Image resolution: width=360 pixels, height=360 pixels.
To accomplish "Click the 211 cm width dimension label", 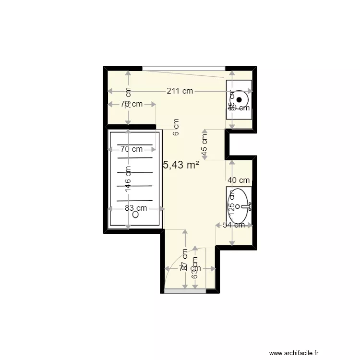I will point(180,91).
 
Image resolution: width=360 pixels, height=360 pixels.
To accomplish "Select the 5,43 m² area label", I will point(181,165).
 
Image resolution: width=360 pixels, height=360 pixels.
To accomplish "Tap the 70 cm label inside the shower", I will point(131,149).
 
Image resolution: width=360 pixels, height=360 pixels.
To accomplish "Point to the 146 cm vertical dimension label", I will point(128,179).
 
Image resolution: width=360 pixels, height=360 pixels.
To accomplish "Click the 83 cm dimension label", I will point(136,208).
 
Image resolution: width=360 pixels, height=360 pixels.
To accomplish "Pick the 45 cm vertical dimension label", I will point(205,144).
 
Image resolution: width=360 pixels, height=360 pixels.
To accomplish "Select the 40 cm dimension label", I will point(239,180).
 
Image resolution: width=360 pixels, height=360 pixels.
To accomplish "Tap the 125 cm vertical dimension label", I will point(231,208).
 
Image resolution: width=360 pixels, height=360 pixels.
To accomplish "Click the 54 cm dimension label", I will point(234,225).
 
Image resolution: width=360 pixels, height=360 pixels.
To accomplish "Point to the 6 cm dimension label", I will point(176,127).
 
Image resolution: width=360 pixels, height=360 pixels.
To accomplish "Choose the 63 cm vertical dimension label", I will point(195,268).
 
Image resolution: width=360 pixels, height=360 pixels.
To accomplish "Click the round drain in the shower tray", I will point(135,216).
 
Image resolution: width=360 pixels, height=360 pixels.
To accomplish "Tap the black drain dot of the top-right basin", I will point(239,99).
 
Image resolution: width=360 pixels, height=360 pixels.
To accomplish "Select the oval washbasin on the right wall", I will point(239,200).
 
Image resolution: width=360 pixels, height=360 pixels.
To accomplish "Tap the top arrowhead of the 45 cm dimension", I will point(205,131).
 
